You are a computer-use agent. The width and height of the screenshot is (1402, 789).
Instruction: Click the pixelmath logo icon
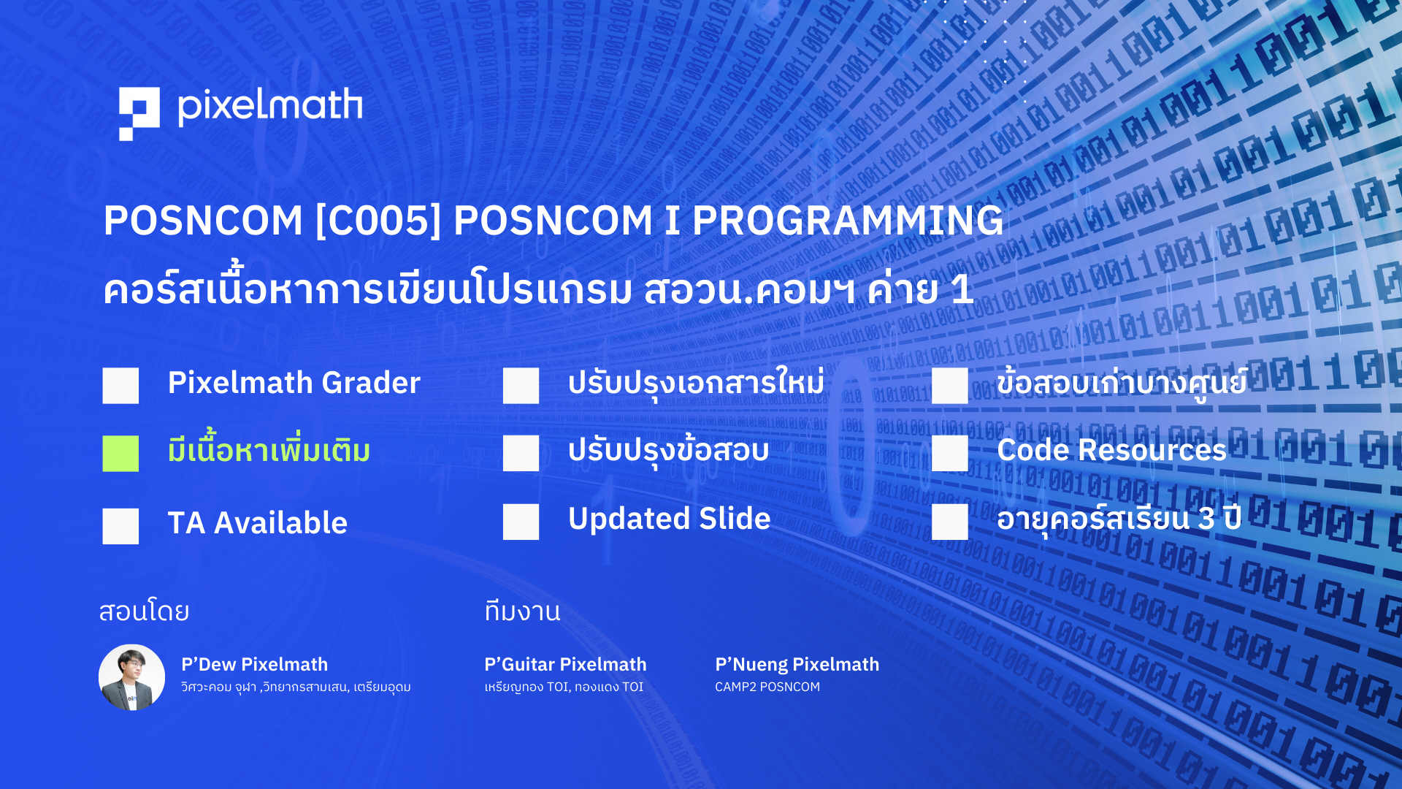pos(139,113)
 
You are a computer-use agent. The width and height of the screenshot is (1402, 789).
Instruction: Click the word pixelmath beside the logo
pos(270,107)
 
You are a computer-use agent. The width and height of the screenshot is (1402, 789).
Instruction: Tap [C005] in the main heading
pos(378,220)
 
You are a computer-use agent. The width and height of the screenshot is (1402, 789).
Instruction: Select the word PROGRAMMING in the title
pos(848,220)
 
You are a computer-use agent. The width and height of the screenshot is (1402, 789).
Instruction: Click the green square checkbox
pos(120,454)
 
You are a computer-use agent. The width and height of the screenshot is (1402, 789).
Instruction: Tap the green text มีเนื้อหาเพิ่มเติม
pos(269,449)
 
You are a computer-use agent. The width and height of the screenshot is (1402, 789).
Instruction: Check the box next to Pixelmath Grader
pos(120,386)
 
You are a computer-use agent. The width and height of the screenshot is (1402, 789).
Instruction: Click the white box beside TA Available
pos(120,526)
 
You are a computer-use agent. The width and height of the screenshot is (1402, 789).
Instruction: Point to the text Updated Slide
pos(669,519)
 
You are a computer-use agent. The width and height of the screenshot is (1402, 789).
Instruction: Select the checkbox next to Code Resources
pos(950,453)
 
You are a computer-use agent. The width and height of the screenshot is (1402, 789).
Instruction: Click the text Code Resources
pos(1111,450)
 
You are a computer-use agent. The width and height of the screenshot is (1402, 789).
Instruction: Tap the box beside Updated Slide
pos(521,522)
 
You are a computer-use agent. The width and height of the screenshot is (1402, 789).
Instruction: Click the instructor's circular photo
pos(132,677)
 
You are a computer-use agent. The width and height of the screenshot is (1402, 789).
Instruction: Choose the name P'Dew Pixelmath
pos(254,664)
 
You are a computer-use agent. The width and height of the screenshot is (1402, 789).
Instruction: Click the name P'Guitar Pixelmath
pos(565,664)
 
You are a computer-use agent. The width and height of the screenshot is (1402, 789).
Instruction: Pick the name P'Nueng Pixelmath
pos(797,664)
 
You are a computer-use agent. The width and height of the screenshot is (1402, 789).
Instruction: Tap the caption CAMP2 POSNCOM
pos(767,687)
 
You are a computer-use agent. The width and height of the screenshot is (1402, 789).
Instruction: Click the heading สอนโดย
pos(144,611)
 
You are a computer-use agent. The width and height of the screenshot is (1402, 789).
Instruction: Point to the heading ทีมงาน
pos(522,611)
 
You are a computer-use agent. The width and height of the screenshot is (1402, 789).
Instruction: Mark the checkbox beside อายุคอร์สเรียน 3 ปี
pos(950,522)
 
